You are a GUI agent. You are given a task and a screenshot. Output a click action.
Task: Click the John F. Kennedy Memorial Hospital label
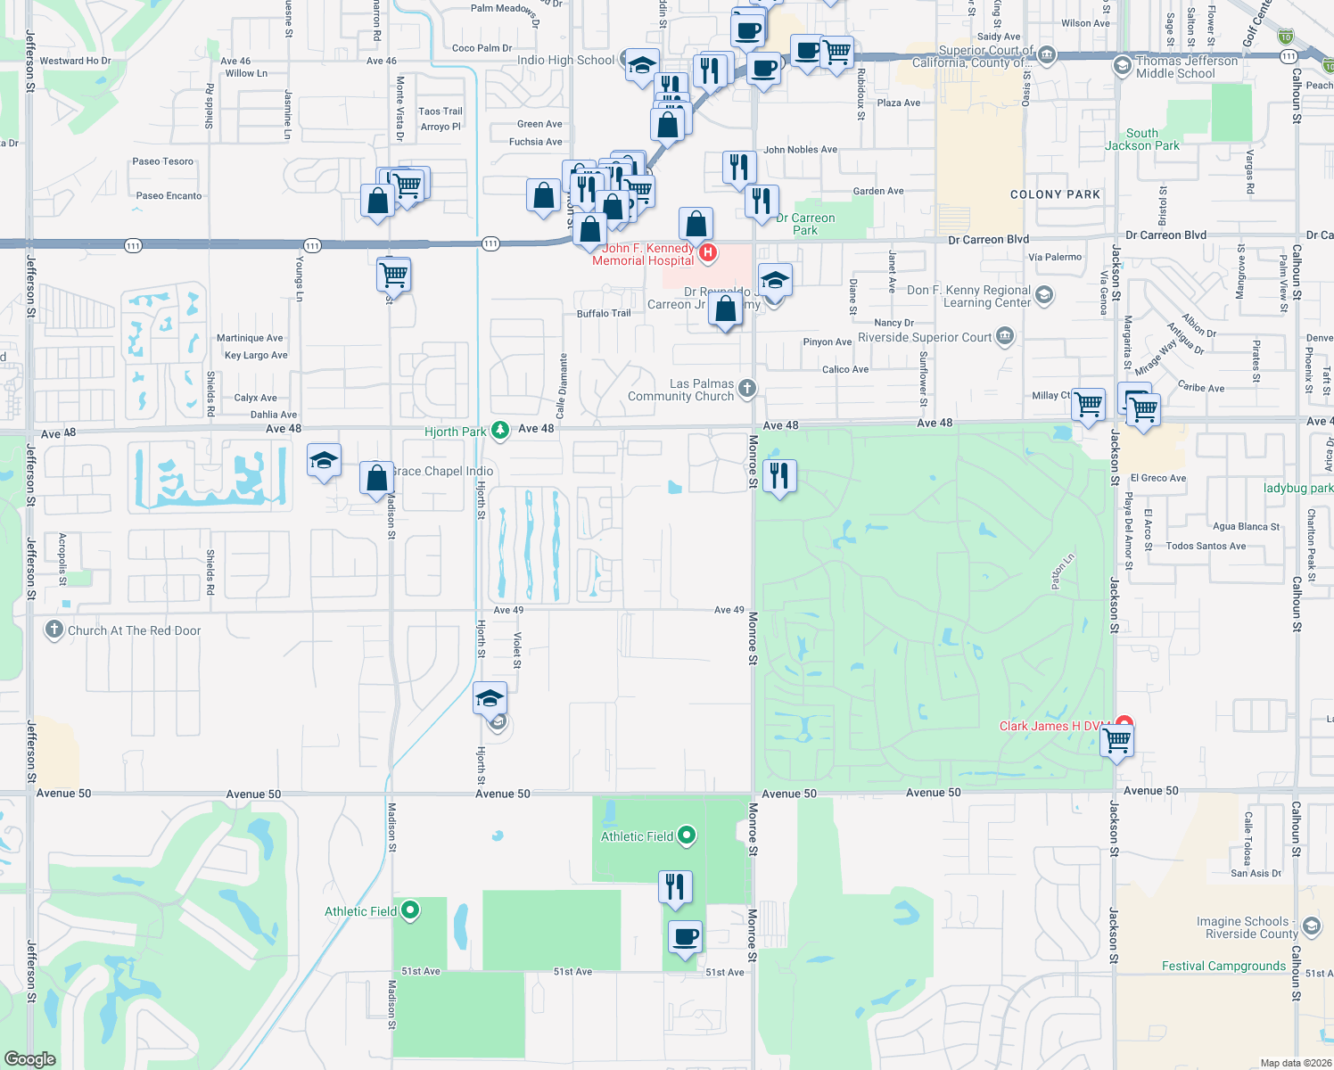pyautogui.click(x=643, y=255)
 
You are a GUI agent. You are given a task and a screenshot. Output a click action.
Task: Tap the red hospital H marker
pyautogui.click(x=708, y=253)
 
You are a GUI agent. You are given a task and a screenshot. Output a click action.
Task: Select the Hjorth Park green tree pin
pyautogui.click(x=500, y=431)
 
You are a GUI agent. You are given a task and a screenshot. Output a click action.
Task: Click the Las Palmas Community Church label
pyautogui.click(x=681, y=391)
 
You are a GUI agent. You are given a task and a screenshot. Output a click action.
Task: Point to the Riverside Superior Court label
pyautogui.click(x=925, y=338)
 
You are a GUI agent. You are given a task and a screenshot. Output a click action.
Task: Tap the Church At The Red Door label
pyautogui.click(x=134, y=630)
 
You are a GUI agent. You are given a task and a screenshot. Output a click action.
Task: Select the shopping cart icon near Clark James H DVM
pyautogui.click(x=1116, y=739)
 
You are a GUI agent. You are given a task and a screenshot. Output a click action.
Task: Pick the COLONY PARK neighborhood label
pyautogui.click(x=1055, y=194)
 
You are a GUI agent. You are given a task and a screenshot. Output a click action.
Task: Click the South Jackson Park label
pyautogui.click(x=1142, y=139)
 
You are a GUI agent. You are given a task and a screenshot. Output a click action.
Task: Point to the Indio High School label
pyautogui.click(x=565, y=61)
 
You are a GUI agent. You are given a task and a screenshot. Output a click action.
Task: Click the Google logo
pyautogui.click(x=29, y=1059)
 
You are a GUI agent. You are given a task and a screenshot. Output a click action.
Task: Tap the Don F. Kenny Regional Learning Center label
pyautogui.click(x=968, y=296)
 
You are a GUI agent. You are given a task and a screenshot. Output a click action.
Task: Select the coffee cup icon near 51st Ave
pyautogui.click(x=685, y=937)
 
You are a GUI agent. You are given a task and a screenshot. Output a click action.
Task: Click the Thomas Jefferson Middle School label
pyautogui.click(x=1186, y=67)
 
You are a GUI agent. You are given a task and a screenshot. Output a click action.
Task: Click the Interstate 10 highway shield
pyautogui.click(x=1285, y=37)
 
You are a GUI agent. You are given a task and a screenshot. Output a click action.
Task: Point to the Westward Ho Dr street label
pyautogui.click(x=76, y=62)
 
